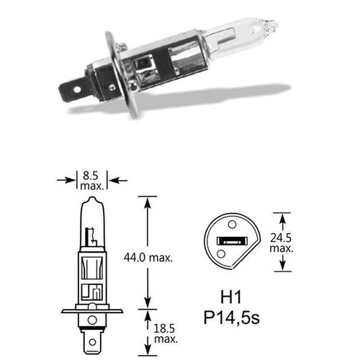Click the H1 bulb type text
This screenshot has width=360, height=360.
pos(229,296)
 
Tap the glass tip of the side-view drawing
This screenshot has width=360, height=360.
pos(91,199)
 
